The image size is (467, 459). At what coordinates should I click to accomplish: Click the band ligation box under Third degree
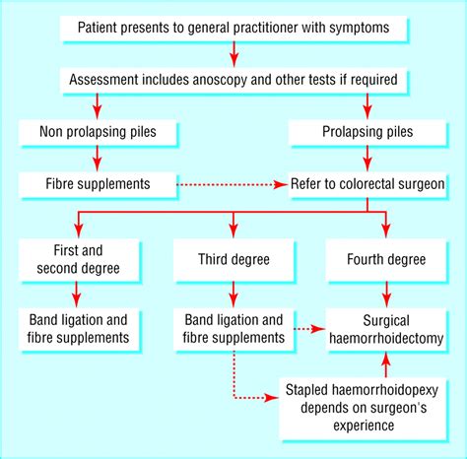click(x=233, y=329)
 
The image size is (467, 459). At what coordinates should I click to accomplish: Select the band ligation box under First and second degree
click(x=77, y=329)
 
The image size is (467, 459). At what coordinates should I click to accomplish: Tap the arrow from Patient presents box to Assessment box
click(x=233, y=50)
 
